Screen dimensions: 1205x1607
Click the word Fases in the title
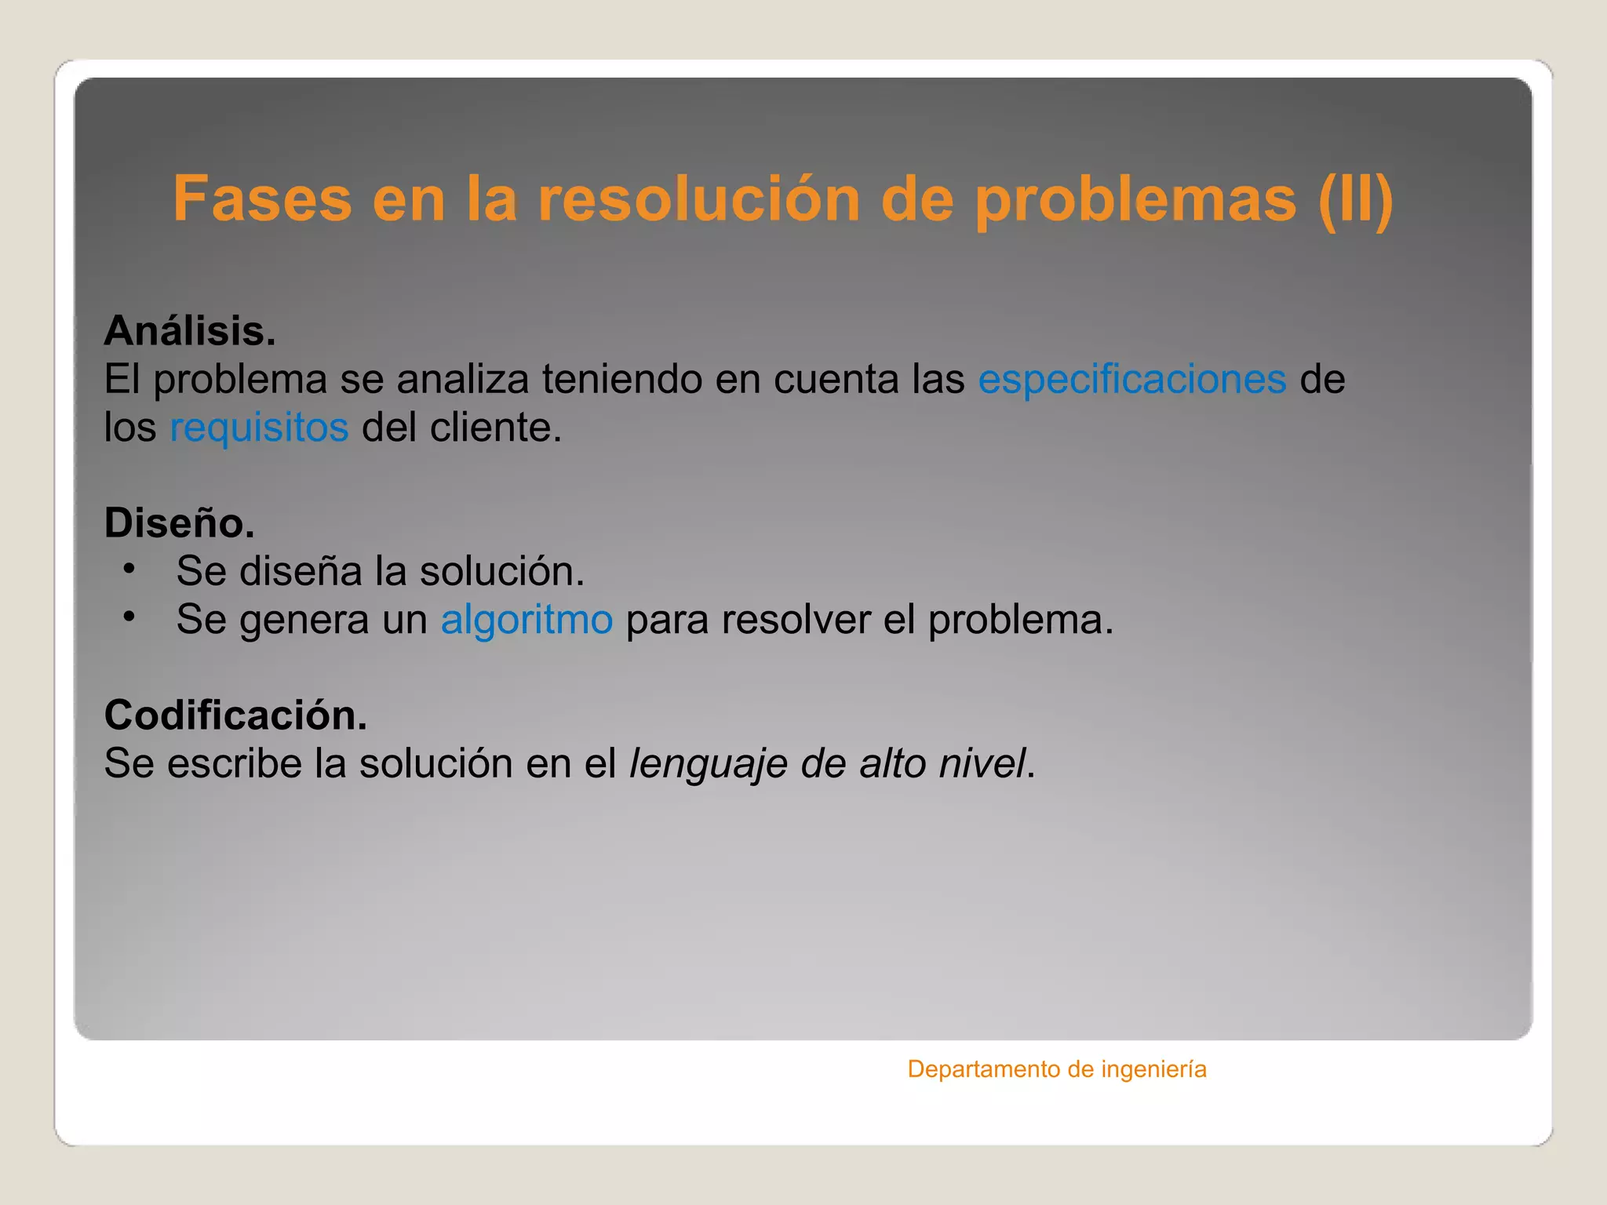[x=262, y=199]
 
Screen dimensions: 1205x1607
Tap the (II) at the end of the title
[x=1355, y=199]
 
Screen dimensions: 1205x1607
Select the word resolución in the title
[x=698, y=199]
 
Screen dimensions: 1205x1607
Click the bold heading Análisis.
[x=190, y=331]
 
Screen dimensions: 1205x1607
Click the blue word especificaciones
[x=1131, y=380]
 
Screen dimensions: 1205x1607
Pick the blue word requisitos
[x=259, y=428]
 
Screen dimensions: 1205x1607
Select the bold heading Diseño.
[x=180, y=523]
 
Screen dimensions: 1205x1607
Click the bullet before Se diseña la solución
[x=129, y=568]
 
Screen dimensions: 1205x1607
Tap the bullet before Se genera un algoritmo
[x=129, y=617]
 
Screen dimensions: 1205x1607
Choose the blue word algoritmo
[x=527, y=620]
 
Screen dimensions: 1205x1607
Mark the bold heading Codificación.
[x=235, y=715]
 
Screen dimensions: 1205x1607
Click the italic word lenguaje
[x=708, y=764]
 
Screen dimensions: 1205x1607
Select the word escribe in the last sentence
[x=234, y=764]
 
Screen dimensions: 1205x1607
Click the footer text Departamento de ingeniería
[x=1056, y=1069]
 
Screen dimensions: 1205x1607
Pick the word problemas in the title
[x=1135, y=199]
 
